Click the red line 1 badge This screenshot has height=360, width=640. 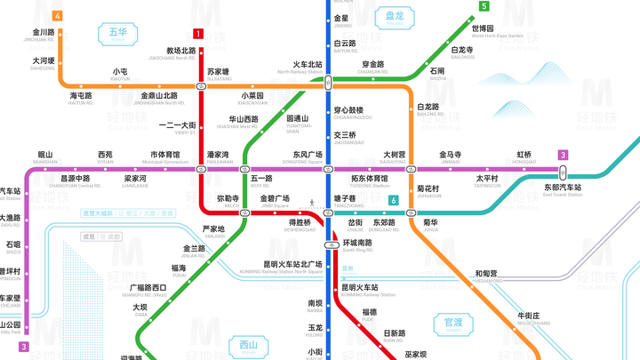(x=198, y=34)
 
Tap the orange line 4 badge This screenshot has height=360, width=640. (x=57, y=16)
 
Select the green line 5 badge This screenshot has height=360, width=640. (x=484, y=6)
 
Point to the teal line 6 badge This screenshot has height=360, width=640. (x=392, y=201)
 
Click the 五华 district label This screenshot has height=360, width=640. (x=118, y=34)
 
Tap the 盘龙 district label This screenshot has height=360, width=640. (x=394, y=16)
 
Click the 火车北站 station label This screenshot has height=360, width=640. (x=308, y=65)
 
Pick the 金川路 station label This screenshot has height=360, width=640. (x=44, y=33)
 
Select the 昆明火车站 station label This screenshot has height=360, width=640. (x=360, y=287)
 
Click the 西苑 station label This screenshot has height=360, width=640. (x=105, y=155)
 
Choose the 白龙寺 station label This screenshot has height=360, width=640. (x=462, y=51)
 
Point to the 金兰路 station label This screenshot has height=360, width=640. (x=195, y=249)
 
